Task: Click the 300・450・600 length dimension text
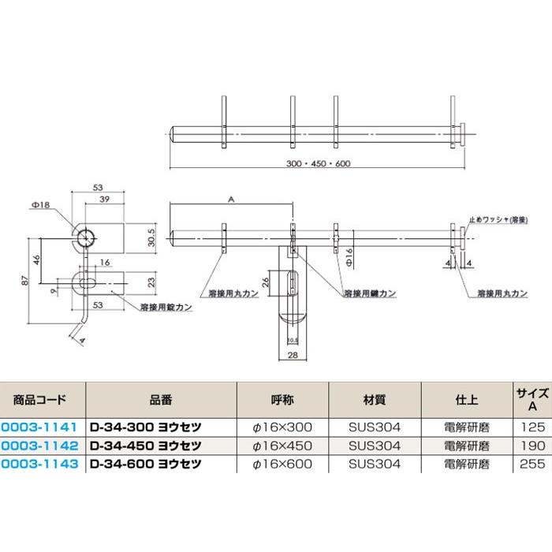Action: [x=319, y=164]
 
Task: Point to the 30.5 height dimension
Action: [x=151, y=237]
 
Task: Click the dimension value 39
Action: [x=104, y=200]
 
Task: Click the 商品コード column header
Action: [x=39, y=400]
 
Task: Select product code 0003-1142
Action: [x=39, y=446]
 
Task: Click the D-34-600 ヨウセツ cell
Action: [x=145, y=464]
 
